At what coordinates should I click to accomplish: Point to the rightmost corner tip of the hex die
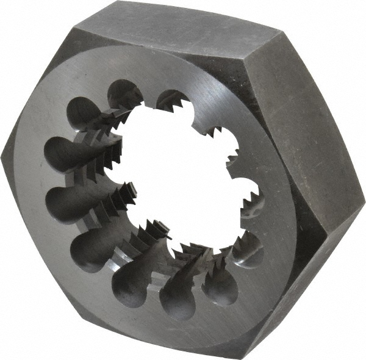coord(364,201)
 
